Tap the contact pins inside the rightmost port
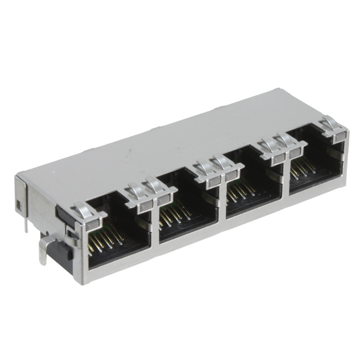304,167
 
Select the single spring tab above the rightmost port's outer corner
334,129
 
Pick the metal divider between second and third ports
222,208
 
